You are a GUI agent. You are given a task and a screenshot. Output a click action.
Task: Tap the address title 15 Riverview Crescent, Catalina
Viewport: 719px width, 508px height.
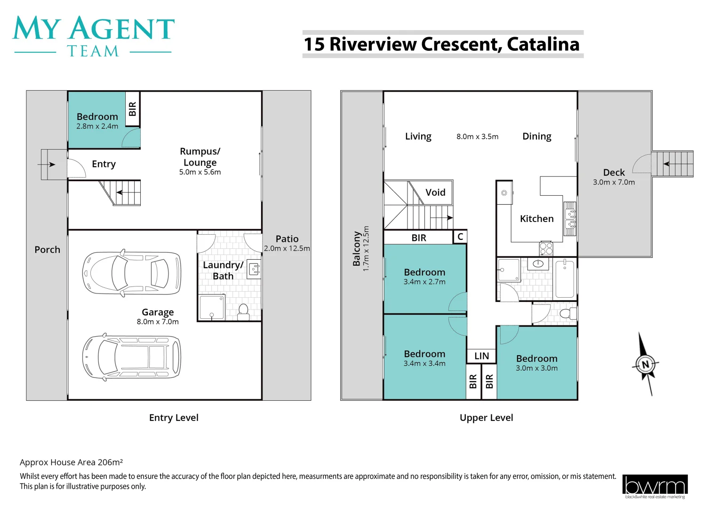(x=441, y=44)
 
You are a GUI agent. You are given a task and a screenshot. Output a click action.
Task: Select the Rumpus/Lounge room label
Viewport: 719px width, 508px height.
(x=200, y=157)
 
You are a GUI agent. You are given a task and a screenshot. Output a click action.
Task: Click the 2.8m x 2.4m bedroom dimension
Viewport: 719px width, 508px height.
(x=97, y=126)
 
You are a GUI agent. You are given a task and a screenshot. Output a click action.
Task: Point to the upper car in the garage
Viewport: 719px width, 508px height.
(x=131, y=273)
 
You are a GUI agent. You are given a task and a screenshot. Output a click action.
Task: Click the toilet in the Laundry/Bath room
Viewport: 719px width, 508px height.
(x=243, y=312)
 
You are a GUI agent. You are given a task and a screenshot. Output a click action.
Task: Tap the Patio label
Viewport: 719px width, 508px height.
(x=287, y=239)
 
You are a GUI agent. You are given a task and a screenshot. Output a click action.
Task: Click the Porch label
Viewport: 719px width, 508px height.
(x=47, y=250)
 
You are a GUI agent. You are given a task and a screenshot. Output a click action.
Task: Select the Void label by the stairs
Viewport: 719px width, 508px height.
(x=435, y=192)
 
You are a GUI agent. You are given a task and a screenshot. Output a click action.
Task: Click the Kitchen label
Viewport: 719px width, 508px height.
(x=536, y=219)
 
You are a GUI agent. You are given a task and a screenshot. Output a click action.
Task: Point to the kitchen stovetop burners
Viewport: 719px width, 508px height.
(x=546, y=248)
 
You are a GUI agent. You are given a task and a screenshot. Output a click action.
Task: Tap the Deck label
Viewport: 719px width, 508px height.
(x=614, y=173)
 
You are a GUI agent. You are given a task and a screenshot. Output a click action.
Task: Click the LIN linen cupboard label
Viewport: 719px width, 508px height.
(x=481, y=356)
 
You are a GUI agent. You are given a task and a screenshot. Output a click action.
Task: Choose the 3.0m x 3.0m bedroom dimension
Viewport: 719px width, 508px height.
(x=536, y=368)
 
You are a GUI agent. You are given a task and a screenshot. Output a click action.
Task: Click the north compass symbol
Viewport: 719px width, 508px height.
(x=645, y=364)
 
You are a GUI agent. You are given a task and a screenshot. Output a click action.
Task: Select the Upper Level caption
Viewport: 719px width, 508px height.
(x=486, y=418)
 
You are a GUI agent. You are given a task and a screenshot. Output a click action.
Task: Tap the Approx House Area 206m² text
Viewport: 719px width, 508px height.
(x=72, y=462)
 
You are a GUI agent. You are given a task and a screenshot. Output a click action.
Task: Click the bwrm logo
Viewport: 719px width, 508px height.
(x=655, y=486)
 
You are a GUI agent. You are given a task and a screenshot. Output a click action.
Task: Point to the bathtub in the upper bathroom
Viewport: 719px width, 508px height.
(x=565, y=279)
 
